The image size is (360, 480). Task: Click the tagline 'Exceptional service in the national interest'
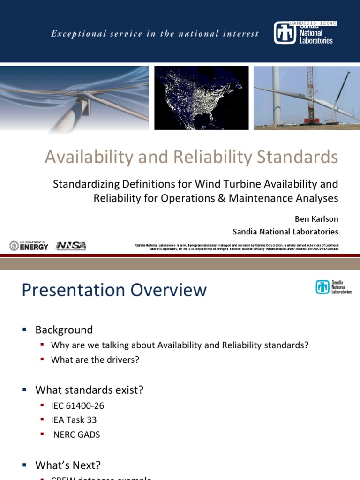click(x=155, y=34)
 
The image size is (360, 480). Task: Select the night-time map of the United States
click(x=202, y=97)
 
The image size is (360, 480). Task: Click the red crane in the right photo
click(x=310, y=96)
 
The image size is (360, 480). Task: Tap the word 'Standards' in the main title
click(x=297, y=157)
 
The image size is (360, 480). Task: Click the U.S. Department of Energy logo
click(x=29, y=246)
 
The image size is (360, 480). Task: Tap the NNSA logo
click(x=71, y=246)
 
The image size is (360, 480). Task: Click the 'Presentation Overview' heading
click(x=114, y=290)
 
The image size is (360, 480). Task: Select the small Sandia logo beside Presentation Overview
click(x=333, y=287)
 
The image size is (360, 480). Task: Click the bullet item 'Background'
click(x=64, y=330)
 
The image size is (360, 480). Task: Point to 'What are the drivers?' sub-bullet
click(x=96, y=360)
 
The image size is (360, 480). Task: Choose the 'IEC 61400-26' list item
click(x=77, y=405)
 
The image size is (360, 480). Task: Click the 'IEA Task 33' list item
click(x=74, y=420)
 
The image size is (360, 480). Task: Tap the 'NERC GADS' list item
click(x=76, y=435)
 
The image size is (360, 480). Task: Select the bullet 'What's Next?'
click(x=68, y=465)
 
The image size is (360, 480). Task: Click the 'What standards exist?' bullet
click(x=90, y=390)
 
